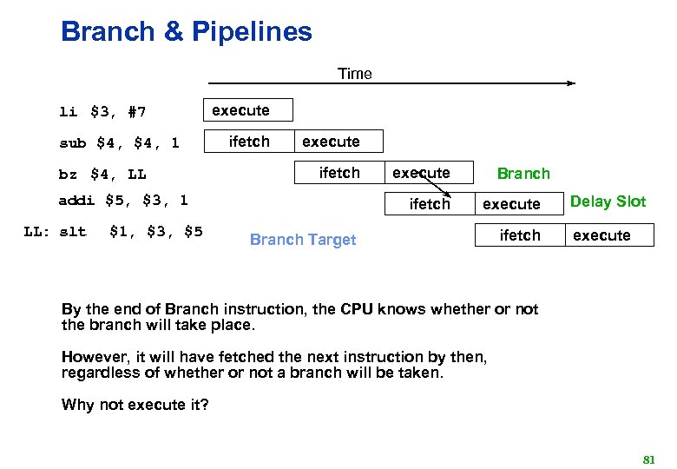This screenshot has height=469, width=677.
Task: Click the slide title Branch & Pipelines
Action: pos(186,32)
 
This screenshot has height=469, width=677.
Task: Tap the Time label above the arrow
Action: pos(354,74)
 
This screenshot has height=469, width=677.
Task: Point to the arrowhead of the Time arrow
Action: pos(570,84)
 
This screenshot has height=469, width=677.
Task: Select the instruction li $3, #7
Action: pos(102,112)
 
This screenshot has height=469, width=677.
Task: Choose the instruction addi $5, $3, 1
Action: pos(122,201)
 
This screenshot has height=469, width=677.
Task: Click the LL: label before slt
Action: pos(41,232)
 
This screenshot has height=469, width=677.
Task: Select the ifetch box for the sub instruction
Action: pos(248,142)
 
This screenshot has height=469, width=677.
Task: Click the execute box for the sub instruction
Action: pos(338,142)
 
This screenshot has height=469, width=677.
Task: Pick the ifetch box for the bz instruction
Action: pos(338,173)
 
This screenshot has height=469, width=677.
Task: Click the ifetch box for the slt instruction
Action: pos(519,235)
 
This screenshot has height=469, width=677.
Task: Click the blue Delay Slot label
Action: pos(608,201)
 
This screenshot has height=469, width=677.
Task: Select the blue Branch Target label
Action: pos(302,240)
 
